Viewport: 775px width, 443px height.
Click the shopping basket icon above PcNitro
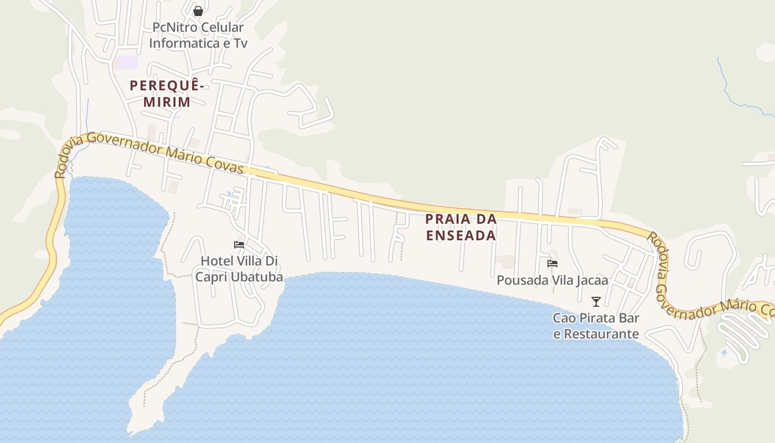tap(198, 11)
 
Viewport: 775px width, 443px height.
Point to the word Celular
tap(222, 27)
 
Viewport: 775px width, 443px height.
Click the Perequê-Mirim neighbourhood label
tap(167, 94)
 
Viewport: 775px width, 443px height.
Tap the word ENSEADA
tap(461, 235)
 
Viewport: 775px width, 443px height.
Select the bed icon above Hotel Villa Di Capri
tap(239, 245)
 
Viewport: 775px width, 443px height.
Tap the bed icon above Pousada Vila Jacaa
tap(552, 264)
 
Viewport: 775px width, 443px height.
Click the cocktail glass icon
tap(596, 302)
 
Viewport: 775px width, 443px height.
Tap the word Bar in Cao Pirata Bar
tap(629, 318)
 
